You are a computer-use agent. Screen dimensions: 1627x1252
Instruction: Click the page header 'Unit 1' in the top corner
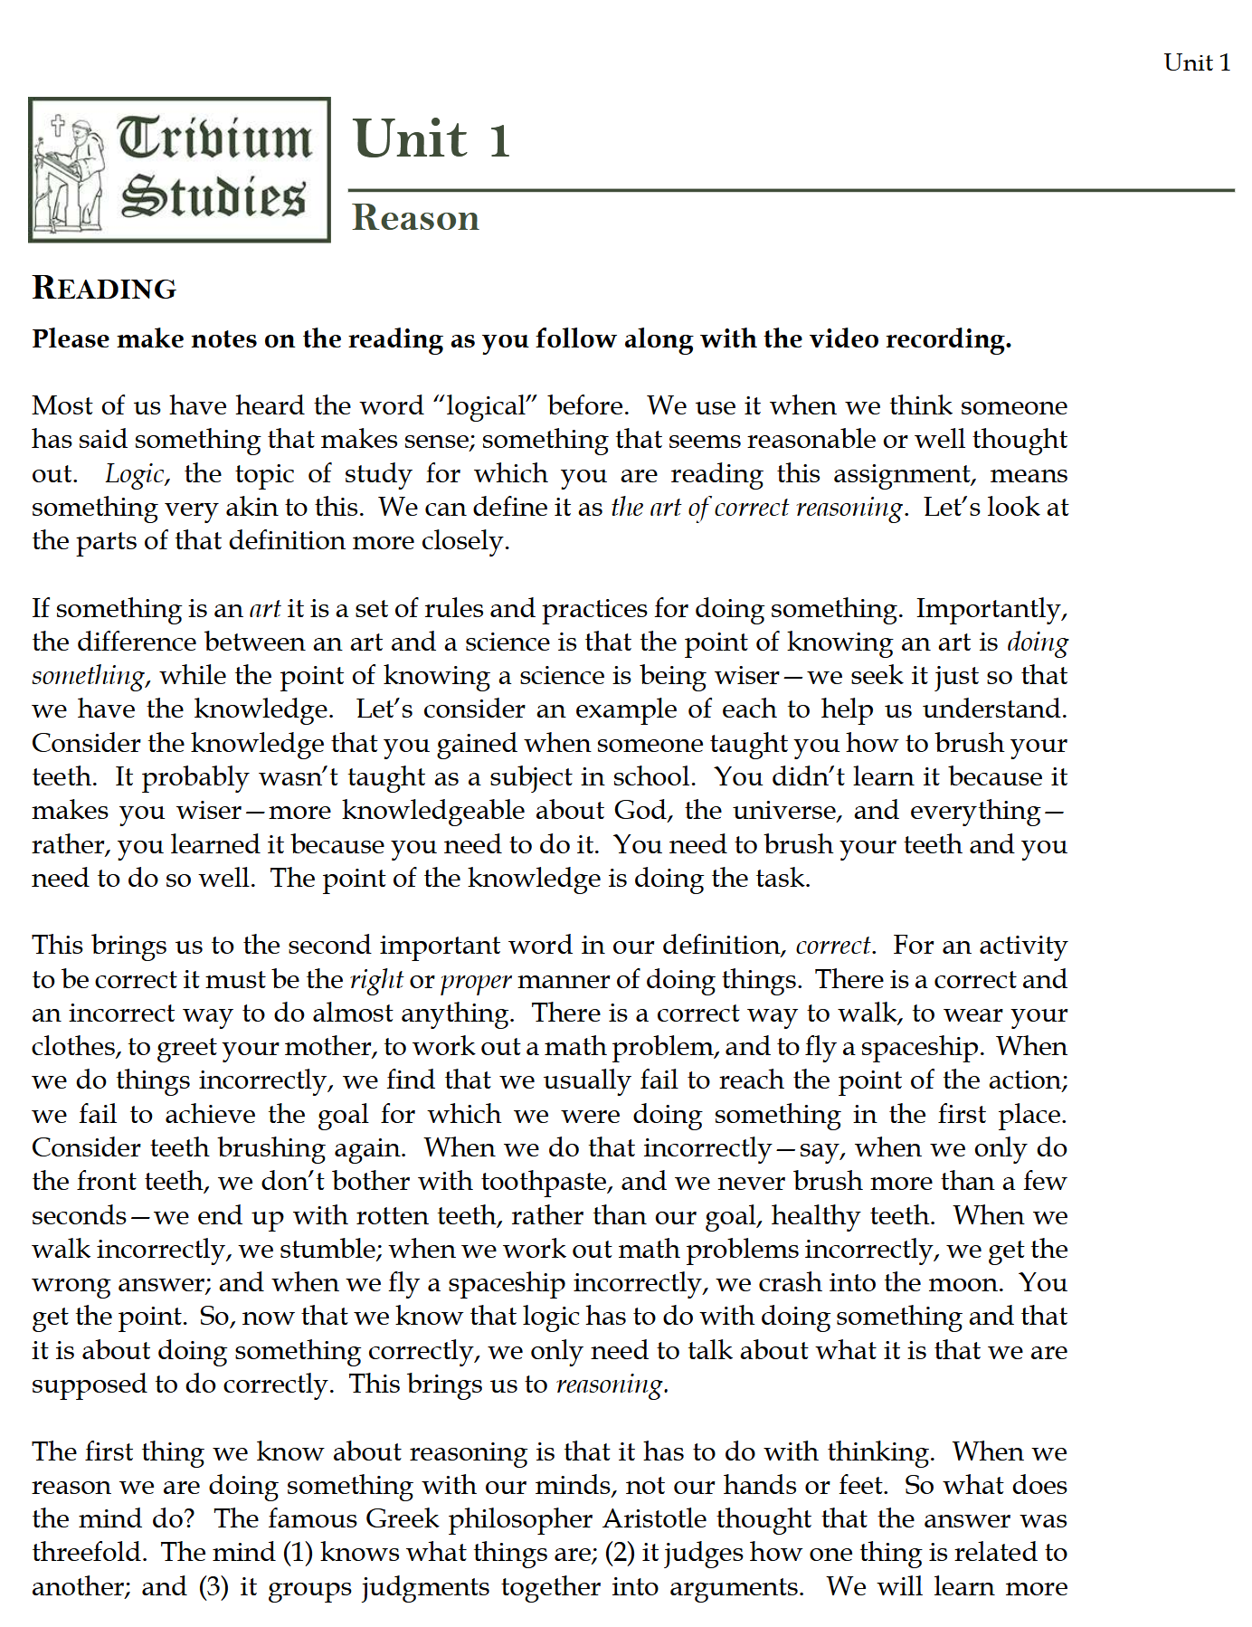pos(1196,62)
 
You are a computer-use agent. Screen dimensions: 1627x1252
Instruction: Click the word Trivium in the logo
pos(215,138)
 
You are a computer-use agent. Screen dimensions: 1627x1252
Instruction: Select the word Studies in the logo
pos(213,196)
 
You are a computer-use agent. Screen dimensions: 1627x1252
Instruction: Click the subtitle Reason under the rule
pos(415,218)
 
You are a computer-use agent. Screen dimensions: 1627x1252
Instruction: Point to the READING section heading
pos(104,288)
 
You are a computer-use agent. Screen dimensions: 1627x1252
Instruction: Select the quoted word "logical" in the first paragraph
pos(486,405)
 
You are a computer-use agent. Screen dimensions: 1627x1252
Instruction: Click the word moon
pos(969,1282)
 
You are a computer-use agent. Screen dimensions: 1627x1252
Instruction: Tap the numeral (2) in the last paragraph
pos(620,1552)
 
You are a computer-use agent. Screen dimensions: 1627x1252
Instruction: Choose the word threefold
pos(90,1552)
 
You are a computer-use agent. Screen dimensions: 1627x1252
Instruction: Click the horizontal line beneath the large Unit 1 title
pos(791,190)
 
